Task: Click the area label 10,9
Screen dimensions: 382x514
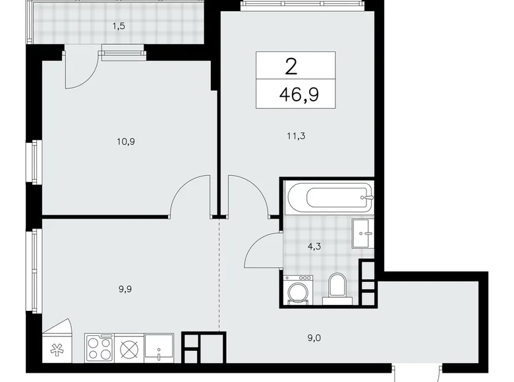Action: pyautogui.click(x=119, y=141)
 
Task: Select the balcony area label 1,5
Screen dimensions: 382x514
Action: pyautogui.click(x=119, y=27)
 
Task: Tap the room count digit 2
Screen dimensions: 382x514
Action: pyautogui.click(x=291, y=66)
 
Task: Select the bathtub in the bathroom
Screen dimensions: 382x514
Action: pyautogui.click(x=329, y=196)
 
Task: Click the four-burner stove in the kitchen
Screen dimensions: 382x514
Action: pyautogui.click(x=99, y=347)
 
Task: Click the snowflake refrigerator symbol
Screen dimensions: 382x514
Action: pyautogui.click(x=55, y=350)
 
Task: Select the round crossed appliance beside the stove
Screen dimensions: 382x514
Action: pyautogui.click(x=128, y=347)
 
